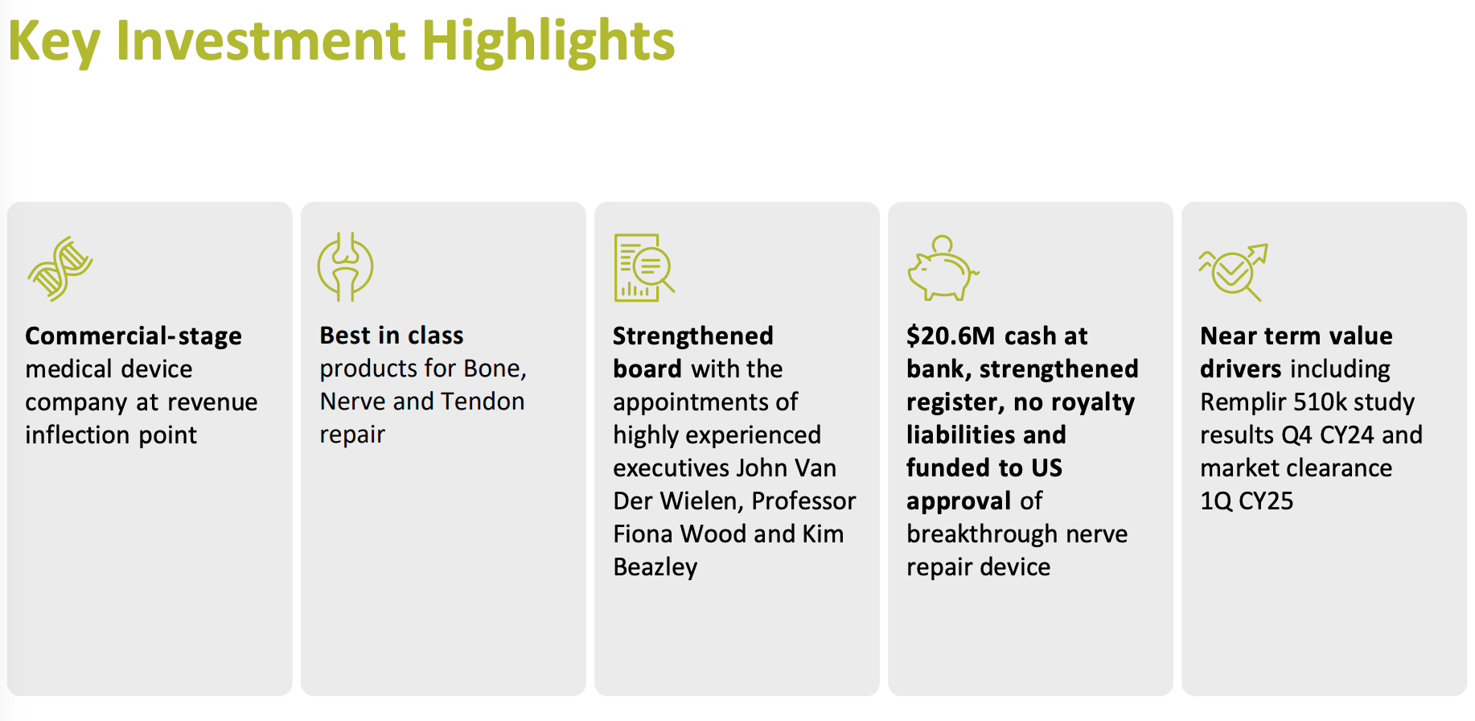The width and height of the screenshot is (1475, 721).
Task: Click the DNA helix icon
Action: click(x=60, y=269)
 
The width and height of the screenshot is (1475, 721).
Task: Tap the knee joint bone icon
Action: click(x=346, y=267)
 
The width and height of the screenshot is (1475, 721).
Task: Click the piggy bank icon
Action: click(x=943, y=268)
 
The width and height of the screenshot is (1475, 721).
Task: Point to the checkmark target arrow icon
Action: click(x=1233, y=272)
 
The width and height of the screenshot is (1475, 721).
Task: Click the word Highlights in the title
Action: click(x=549, y=40)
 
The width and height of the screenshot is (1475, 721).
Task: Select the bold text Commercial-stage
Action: click(x=134, y=336)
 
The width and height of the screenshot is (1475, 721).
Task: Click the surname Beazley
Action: click(x=655, y=567)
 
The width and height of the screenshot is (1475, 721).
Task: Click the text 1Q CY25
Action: click(x=1247, y=501)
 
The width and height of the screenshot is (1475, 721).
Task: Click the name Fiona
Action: click(x=643, y=534)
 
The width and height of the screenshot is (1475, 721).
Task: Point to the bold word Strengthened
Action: click(x=693, y=336)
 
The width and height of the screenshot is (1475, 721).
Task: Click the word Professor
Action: click(x=804, y=501)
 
